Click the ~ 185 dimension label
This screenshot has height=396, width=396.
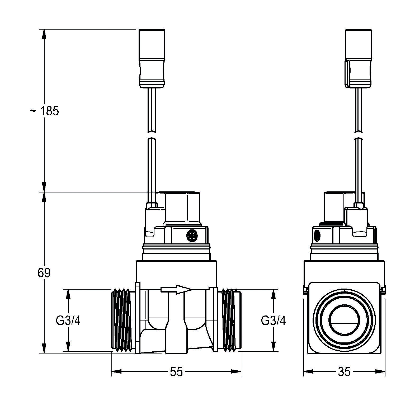[x=44, y=111]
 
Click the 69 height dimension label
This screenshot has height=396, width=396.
[x=44, y=273]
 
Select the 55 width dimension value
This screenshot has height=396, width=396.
[x=176, y=372]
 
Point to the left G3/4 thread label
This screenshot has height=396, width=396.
[x=68, y=321]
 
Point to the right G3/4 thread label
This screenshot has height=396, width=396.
[x=273, y=321]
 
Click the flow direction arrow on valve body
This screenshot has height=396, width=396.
[x=176, y=290]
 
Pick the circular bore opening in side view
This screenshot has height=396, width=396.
[x=344, y=320]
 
